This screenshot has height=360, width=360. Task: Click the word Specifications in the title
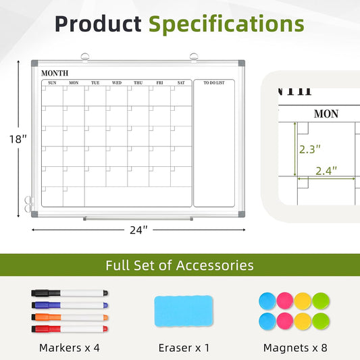(226, 24)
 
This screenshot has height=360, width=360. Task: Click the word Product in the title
(98, 24)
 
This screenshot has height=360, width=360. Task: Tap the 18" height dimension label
(18, 139)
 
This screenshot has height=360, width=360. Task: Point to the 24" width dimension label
(138, 230)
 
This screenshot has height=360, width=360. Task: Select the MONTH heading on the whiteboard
(55, 73)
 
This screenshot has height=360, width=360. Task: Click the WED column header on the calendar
(117, 82)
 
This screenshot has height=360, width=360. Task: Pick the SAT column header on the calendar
(181, 82)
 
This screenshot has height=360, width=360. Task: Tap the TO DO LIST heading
(214, 82)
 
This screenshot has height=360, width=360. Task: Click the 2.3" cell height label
(310, 149)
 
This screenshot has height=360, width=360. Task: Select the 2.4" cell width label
(326, 171)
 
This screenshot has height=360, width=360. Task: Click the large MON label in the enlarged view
(326, 114)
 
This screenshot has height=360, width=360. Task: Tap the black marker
(70, 293)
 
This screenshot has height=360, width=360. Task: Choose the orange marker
(70, 317)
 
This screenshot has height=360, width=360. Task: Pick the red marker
(70, 329)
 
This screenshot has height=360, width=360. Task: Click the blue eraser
(184, 311)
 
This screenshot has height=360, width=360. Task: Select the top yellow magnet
(303, 301)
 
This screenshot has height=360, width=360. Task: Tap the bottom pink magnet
(285, 321)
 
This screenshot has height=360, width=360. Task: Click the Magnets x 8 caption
(295, 348)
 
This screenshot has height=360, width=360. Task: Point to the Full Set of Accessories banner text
(180, 265)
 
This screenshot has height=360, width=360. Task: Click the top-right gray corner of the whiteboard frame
(242, 63)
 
